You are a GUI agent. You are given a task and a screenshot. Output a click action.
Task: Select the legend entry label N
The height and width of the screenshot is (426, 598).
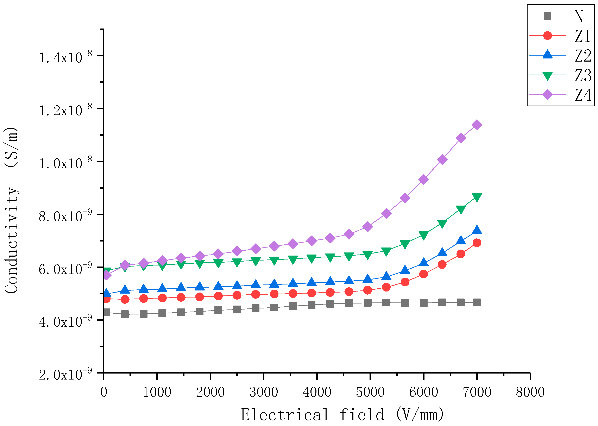(579, 16)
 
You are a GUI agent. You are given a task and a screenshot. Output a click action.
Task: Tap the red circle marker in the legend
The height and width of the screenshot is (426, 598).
(547, 35)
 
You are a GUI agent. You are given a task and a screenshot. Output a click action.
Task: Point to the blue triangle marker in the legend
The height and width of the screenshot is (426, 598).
(547, 55)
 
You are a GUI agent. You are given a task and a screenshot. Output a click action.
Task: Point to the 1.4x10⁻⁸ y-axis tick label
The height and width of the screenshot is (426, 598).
(65, 57)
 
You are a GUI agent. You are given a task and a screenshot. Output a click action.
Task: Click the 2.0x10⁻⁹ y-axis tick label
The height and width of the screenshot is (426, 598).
(65, 375)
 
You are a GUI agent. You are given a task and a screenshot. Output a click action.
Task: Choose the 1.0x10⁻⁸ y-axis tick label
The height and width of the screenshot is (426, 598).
(65, 163)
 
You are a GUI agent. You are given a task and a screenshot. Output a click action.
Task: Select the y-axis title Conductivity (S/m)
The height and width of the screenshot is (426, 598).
(11, 210)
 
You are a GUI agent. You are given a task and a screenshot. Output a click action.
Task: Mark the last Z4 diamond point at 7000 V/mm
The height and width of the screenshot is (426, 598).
(477, 125)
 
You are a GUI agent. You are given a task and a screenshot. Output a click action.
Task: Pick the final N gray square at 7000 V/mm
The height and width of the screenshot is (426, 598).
(477, 302)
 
